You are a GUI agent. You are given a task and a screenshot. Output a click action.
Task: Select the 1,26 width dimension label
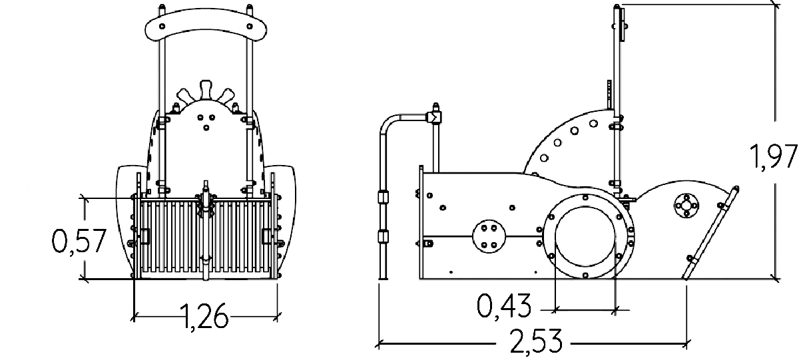[204, 317]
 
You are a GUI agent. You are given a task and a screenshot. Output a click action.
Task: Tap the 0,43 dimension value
[504, 305]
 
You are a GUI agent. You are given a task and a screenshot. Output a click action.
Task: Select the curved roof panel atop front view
[206, 27]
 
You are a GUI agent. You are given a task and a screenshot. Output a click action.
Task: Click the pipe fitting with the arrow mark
[433, 118]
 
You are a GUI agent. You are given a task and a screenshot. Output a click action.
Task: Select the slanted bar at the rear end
[708, 233]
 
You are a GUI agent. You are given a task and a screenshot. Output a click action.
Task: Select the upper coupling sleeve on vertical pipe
[383, 198]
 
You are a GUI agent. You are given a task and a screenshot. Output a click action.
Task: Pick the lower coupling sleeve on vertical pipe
[383, 236]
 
